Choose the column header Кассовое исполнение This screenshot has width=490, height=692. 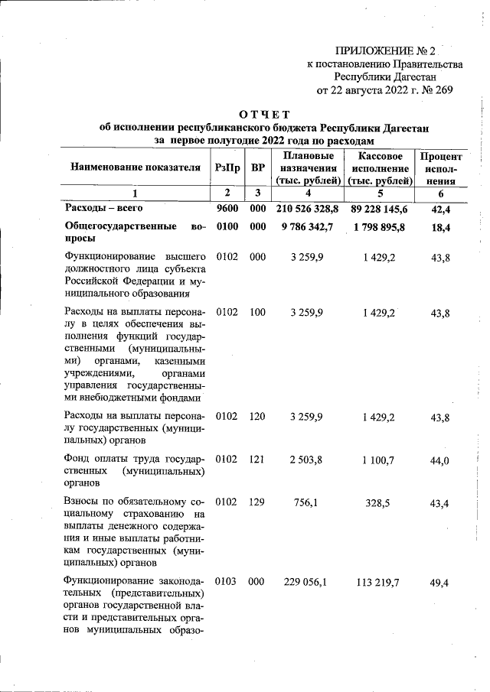(381, 168)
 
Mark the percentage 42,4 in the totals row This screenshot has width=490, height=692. (441, 208)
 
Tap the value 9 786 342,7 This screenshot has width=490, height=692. (308, 227)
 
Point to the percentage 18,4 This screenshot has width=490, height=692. (441, 227)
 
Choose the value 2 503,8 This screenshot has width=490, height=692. (308, 459)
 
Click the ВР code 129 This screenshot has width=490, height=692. (257, 502)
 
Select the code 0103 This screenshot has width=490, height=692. (227, 583)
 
